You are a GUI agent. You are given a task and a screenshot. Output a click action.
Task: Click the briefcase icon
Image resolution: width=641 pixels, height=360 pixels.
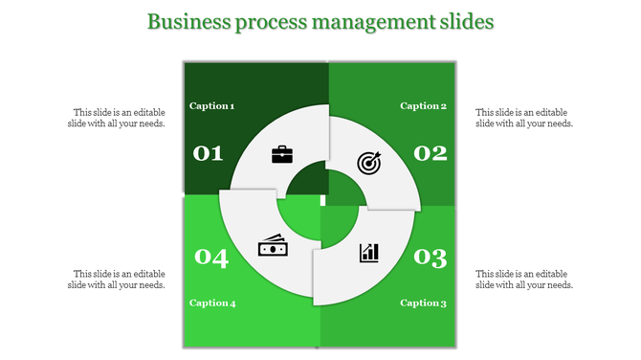(282, 154)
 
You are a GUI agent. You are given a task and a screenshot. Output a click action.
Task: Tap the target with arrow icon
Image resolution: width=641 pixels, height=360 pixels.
(369, 163)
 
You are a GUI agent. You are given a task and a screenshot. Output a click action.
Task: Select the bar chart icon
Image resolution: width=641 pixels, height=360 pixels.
(369, 253)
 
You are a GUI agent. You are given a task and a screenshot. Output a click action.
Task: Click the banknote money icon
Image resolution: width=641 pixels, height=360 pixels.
(273, 246)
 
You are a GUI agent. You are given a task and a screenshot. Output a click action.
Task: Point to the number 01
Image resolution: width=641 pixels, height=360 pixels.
(209, 153)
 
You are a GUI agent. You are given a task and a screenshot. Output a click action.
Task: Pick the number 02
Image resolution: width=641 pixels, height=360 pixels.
(431, 153)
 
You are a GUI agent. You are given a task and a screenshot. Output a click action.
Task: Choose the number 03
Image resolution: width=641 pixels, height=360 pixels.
(431, 257)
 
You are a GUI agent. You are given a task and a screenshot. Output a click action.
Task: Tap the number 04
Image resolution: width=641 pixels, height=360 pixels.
(211, 257)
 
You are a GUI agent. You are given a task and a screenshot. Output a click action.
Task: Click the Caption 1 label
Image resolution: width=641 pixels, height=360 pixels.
(212, 106)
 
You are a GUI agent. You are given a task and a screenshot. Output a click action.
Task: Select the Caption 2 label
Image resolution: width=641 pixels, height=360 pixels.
(424, 106)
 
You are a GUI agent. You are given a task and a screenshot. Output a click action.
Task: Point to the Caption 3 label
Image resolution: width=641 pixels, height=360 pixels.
(424, 304)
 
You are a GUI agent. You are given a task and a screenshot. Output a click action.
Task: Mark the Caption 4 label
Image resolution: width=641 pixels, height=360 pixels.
(212, 304)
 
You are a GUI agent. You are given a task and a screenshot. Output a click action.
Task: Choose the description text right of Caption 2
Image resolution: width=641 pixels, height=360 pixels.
(524, 118)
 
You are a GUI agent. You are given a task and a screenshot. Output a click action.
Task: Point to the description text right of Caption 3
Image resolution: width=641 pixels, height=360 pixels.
(524, 279)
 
